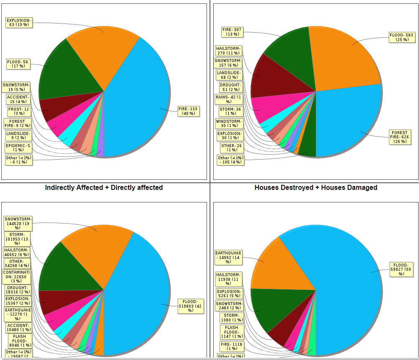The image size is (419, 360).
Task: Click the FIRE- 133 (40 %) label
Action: (x=188, y=111)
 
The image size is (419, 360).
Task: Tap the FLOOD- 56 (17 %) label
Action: (x=18, y=64)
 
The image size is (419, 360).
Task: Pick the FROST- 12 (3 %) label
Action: (x=18, y=111)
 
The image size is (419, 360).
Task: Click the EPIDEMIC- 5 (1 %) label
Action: (x=18, y=148)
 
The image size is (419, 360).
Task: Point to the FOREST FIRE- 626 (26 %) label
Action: (x=399, y=137)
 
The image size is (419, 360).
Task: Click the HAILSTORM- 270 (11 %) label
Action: (x=228, y=51)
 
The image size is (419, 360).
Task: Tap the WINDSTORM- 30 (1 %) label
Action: (x=228, y=124)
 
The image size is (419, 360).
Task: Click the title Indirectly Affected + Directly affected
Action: (x=104, y=188)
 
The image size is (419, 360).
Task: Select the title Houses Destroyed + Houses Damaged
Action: (x=316, y=188)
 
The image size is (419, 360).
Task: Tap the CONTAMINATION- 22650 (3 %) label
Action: (x=16, y=276)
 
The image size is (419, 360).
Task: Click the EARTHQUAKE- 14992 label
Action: (x=228, y=257)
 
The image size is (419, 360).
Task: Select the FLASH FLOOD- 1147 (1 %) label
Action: (x=231, y=332)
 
